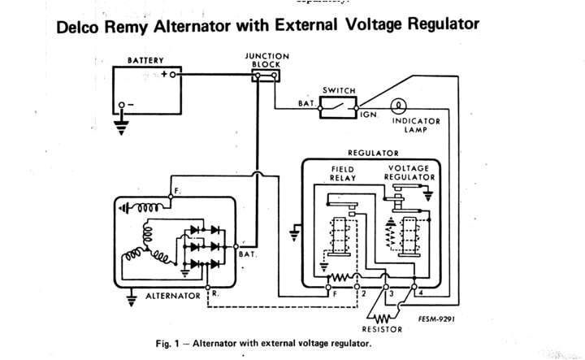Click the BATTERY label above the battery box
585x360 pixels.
point(145,60)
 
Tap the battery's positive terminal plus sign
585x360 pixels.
point(165,74)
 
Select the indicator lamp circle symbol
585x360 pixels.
point(398,106)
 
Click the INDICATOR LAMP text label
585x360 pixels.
point(416,125)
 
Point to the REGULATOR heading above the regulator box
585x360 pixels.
point(373,152)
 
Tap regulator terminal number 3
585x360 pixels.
point(391,292)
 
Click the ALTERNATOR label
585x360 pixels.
point(172,296)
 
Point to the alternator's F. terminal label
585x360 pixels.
point(177,192)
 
